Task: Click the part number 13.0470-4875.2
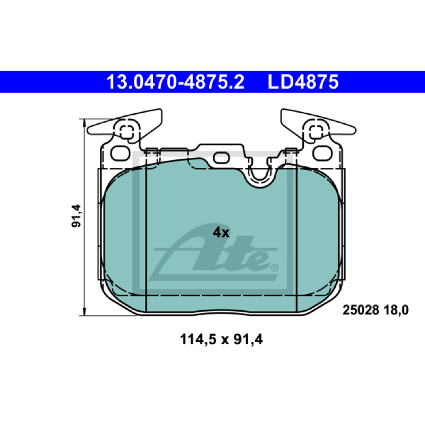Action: coord(175,82)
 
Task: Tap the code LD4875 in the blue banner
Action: coord(303,82)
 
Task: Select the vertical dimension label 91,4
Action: coord(76,216)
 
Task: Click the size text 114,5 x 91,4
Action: coord(221,339)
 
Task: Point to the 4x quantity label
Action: coord(221,233)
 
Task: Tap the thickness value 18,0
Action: coord(396,310)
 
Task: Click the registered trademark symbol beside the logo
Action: coord(275,268)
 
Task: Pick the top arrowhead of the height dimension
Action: coord(84,123)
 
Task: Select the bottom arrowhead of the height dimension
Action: coord(84,312)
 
